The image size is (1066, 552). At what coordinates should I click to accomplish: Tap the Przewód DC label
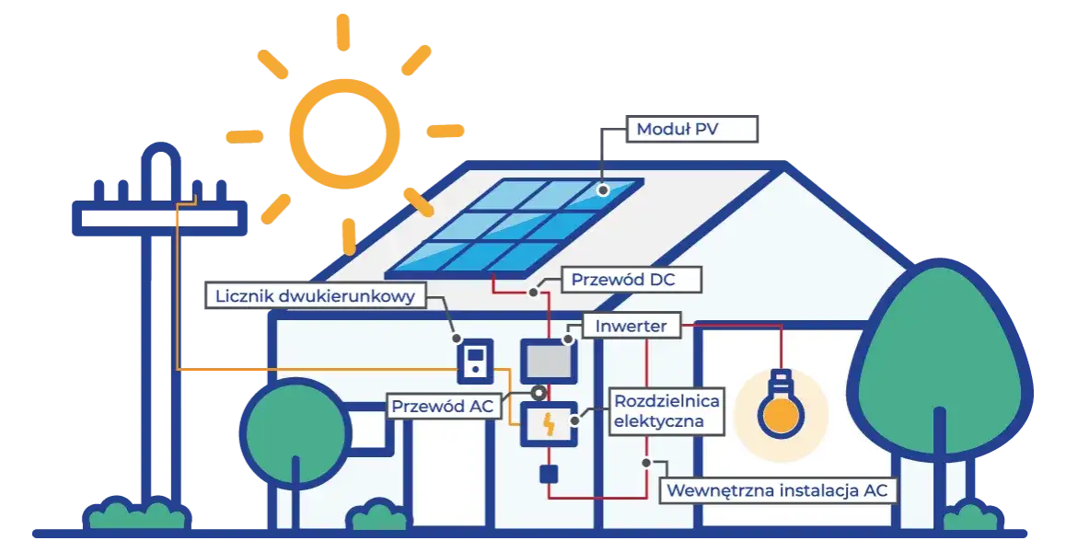click(x=622, y=279)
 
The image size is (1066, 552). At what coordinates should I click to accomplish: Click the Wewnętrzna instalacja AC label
click(x=778, y=489)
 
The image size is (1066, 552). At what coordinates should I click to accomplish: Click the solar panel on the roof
click(x=514, y=227)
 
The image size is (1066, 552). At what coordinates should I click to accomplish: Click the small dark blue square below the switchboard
click(x=549, y=474)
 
